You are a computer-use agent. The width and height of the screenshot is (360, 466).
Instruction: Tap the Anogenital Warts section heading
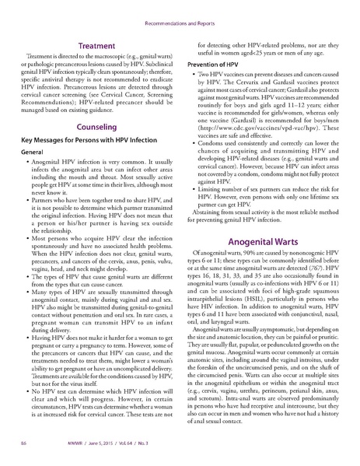click(x=266, y=241)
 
